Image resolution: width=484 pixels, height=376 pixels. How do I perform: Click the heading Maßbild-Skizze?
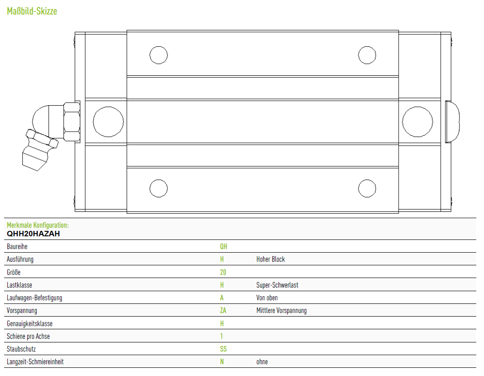tap(32, 11)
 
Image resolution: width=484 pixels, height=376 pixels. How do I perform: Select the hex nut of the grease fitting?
tap(72, 122)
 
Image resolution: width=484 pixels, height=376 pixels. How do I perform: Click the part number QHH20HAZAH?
tap(33, 234)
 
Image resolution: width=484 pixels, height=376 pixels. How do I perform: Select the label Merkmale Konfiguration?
tap(38, 225)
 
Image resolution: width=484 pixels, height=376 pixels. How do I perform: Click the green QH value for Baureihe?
tap(224, 246)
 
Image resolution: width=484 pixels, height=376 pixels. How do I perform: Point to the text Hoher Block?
tap(270, 259)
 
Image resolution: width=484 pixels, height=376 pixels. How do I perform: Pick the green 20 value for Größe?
tap(223, 272)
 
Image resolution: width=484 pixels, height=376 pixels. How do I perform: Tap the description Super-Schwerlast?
tap(277, 285)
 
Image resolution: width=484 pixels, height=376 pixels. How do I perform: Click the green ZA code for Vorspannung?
tap(223, 311)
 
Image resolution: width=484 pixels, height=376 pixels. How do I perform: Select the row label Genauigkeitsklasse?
tap(29, 323)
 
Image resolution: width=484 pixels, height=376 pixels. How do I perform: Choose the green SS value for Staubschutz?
tap(223, 349)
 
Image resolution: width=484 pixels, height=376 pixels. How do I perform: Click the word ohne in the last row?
tap(262, 362)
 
